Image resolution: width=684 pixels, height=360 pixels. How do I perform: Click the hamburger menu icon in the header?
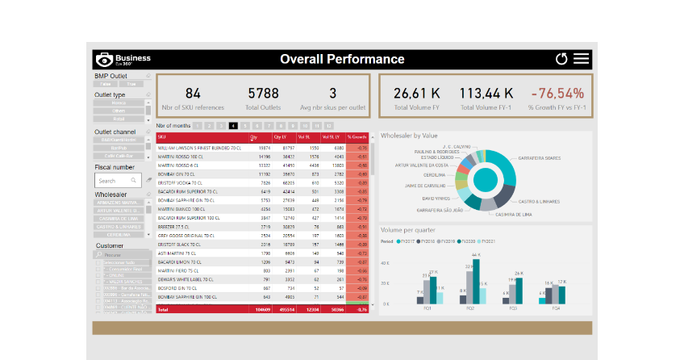tap(581, 59)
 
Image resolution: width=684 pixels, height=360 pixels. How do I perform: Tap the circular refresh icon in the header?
tap(561, 59)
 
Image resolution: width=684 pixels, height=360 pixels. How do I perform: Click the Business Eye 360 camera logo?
tap(104, 60)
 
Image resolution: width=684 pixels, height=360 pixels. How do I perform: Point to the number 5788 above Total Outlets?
tap(263, 94)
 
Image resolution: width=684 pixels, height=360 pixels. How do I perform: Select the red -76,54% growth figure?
tap(556, 94)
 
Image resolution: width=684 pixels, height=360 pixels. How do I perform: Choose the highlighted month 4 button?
tap(233, 126)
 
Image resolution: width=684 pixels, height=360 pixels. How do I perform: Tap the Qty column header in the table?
tap(253, 137)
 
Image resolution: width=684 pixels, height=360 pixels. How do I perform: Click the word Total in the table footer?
tap(163, 309)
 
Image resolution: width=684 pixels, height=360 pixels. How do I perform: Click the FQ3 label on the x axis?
tap(511, 308)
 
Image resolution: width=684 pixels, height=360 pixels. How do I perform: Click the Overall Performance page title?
tap(342, 59)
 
